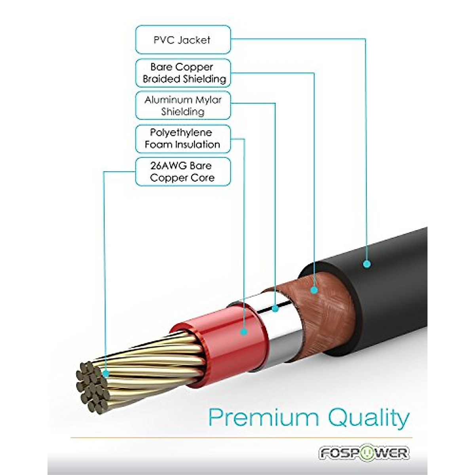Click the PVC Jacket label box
[183, 40]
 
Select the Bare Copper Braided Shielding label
[183, 73]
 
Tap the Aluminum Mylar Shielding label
[183, 106]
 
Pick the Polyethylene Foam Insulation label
[183, 139]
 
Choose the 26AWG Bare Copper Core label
[183, 171]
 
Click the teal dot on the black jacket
[367, 263]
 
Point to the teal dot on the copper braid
[314, 290]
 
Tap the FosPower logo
[364, 453]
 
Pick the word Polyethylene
[181, 133]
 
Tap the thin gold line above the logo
[241, 438]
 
